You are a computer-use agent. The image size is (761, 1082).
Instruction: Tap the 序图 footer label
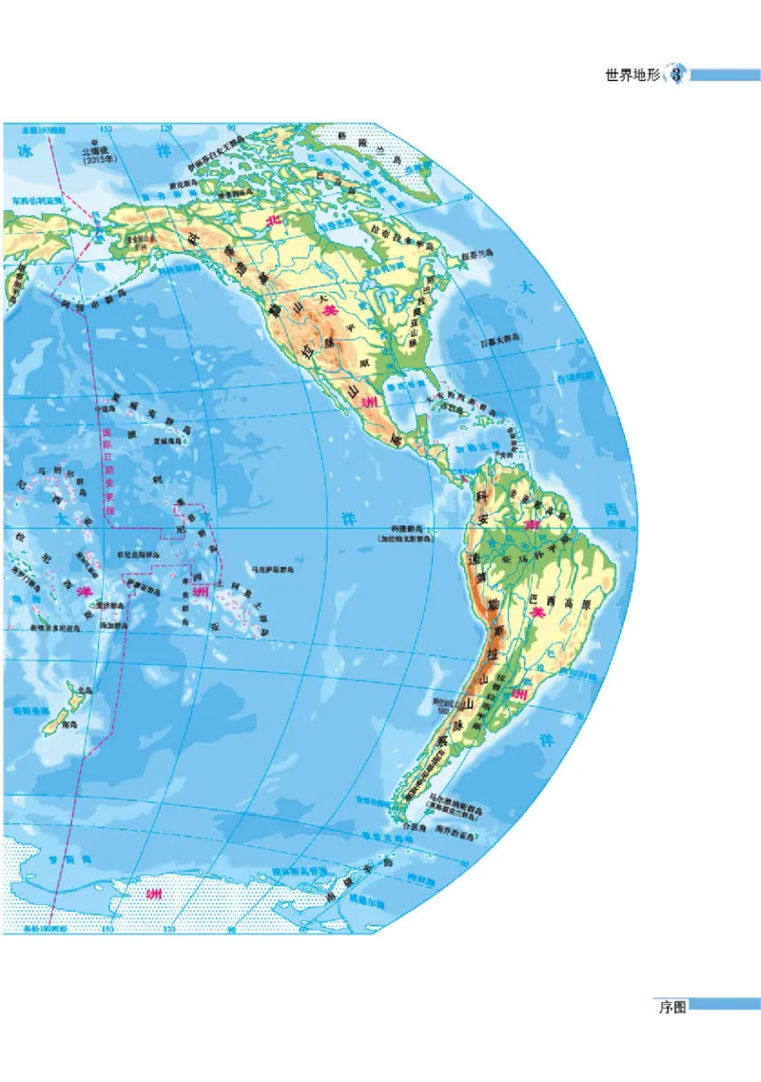tap(672, 1005)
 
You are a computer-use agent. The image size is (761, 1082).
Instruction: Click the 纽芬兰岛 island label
tap(477, 253)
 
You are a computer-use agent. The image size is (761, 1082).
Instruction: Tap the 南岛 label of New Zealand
tap(68, 725)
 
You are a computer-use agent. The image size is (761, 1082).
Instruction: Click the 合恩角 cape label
tap(412, 829)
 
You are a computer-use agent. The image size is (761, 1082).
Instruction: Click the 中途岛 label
tap(109, 410)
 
